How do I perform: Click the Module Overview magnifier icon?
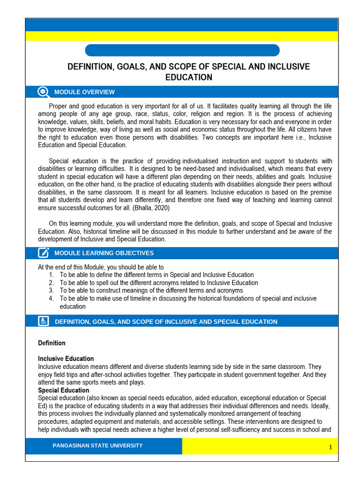coord(43,92)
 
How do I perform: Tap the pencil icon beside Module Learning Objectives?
coord(43,253)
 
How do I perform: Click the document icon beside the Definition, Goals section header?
coord(43,321)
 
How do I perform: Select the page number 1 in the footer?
coord(330,447)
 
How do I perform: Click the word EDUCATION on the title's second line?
coord(189,77)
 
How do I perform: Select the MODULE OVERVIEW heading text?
coord(84,92)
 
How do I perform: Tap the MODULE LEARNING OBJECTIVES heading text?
coord(104,253)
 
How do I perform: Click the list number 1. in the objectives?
coord(51,275)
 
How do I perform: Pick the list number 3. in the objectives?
coord(51,291)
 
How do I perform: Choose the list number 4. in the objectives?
coord(51,299)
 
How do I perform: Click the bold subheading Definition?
coord(52,343)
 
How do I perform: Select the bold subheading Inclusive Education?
coord(66,359)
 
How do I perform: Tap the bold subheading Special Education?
coord(63,390)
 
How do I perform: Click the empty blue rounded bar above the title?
coord(182,50)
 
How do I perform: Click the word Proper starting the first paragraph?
coord(59,106)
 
